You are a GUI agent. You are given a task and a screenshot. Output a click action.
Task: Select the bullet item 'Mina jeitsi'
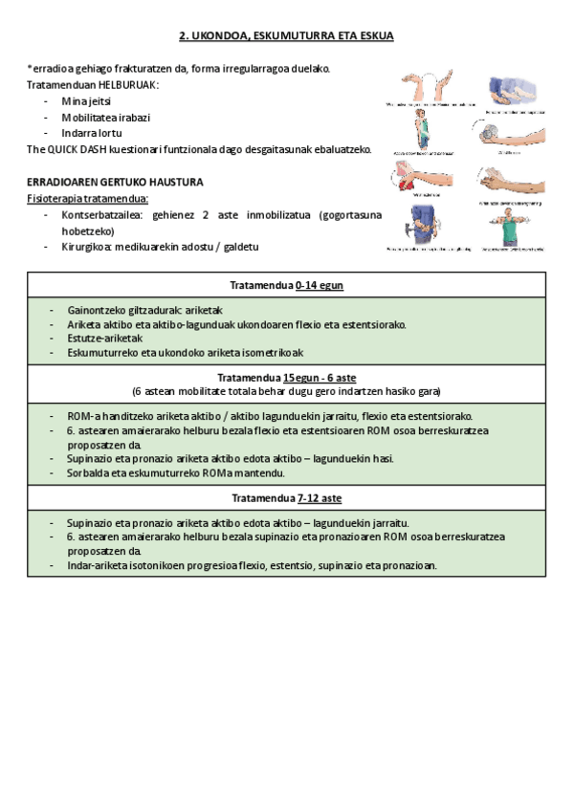86,101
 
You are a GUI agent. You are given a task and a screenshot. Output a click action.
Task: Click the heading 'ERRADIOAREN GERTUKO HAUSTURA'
115,182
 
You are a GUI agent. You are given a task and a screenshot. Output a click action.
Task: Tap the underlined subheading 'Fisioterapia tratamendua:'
87,198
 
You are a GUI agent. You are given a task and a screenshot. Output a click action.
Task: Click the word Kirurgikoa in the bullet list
88,247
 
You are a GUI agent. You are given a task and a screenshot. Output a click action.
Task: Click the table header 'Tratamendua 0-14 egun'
286,285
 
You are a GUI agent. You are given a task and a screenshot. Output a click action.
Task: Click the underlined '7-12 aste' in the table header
320,498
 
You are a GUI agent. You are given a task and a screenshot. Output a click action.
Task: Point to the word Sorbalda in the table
89,472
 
